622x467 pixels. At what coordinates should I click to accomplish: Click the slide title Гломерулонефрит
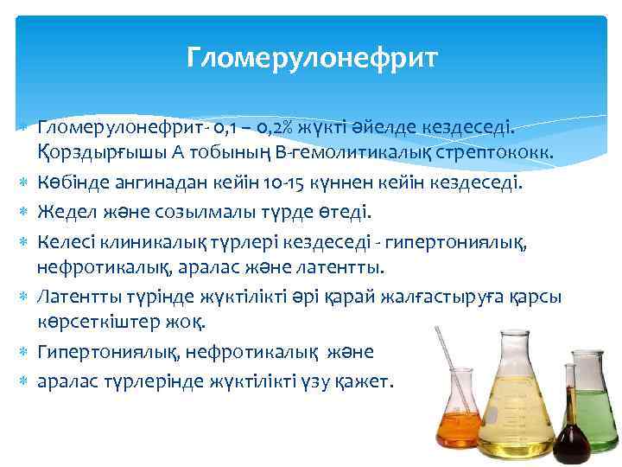[x=312, y=58]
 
